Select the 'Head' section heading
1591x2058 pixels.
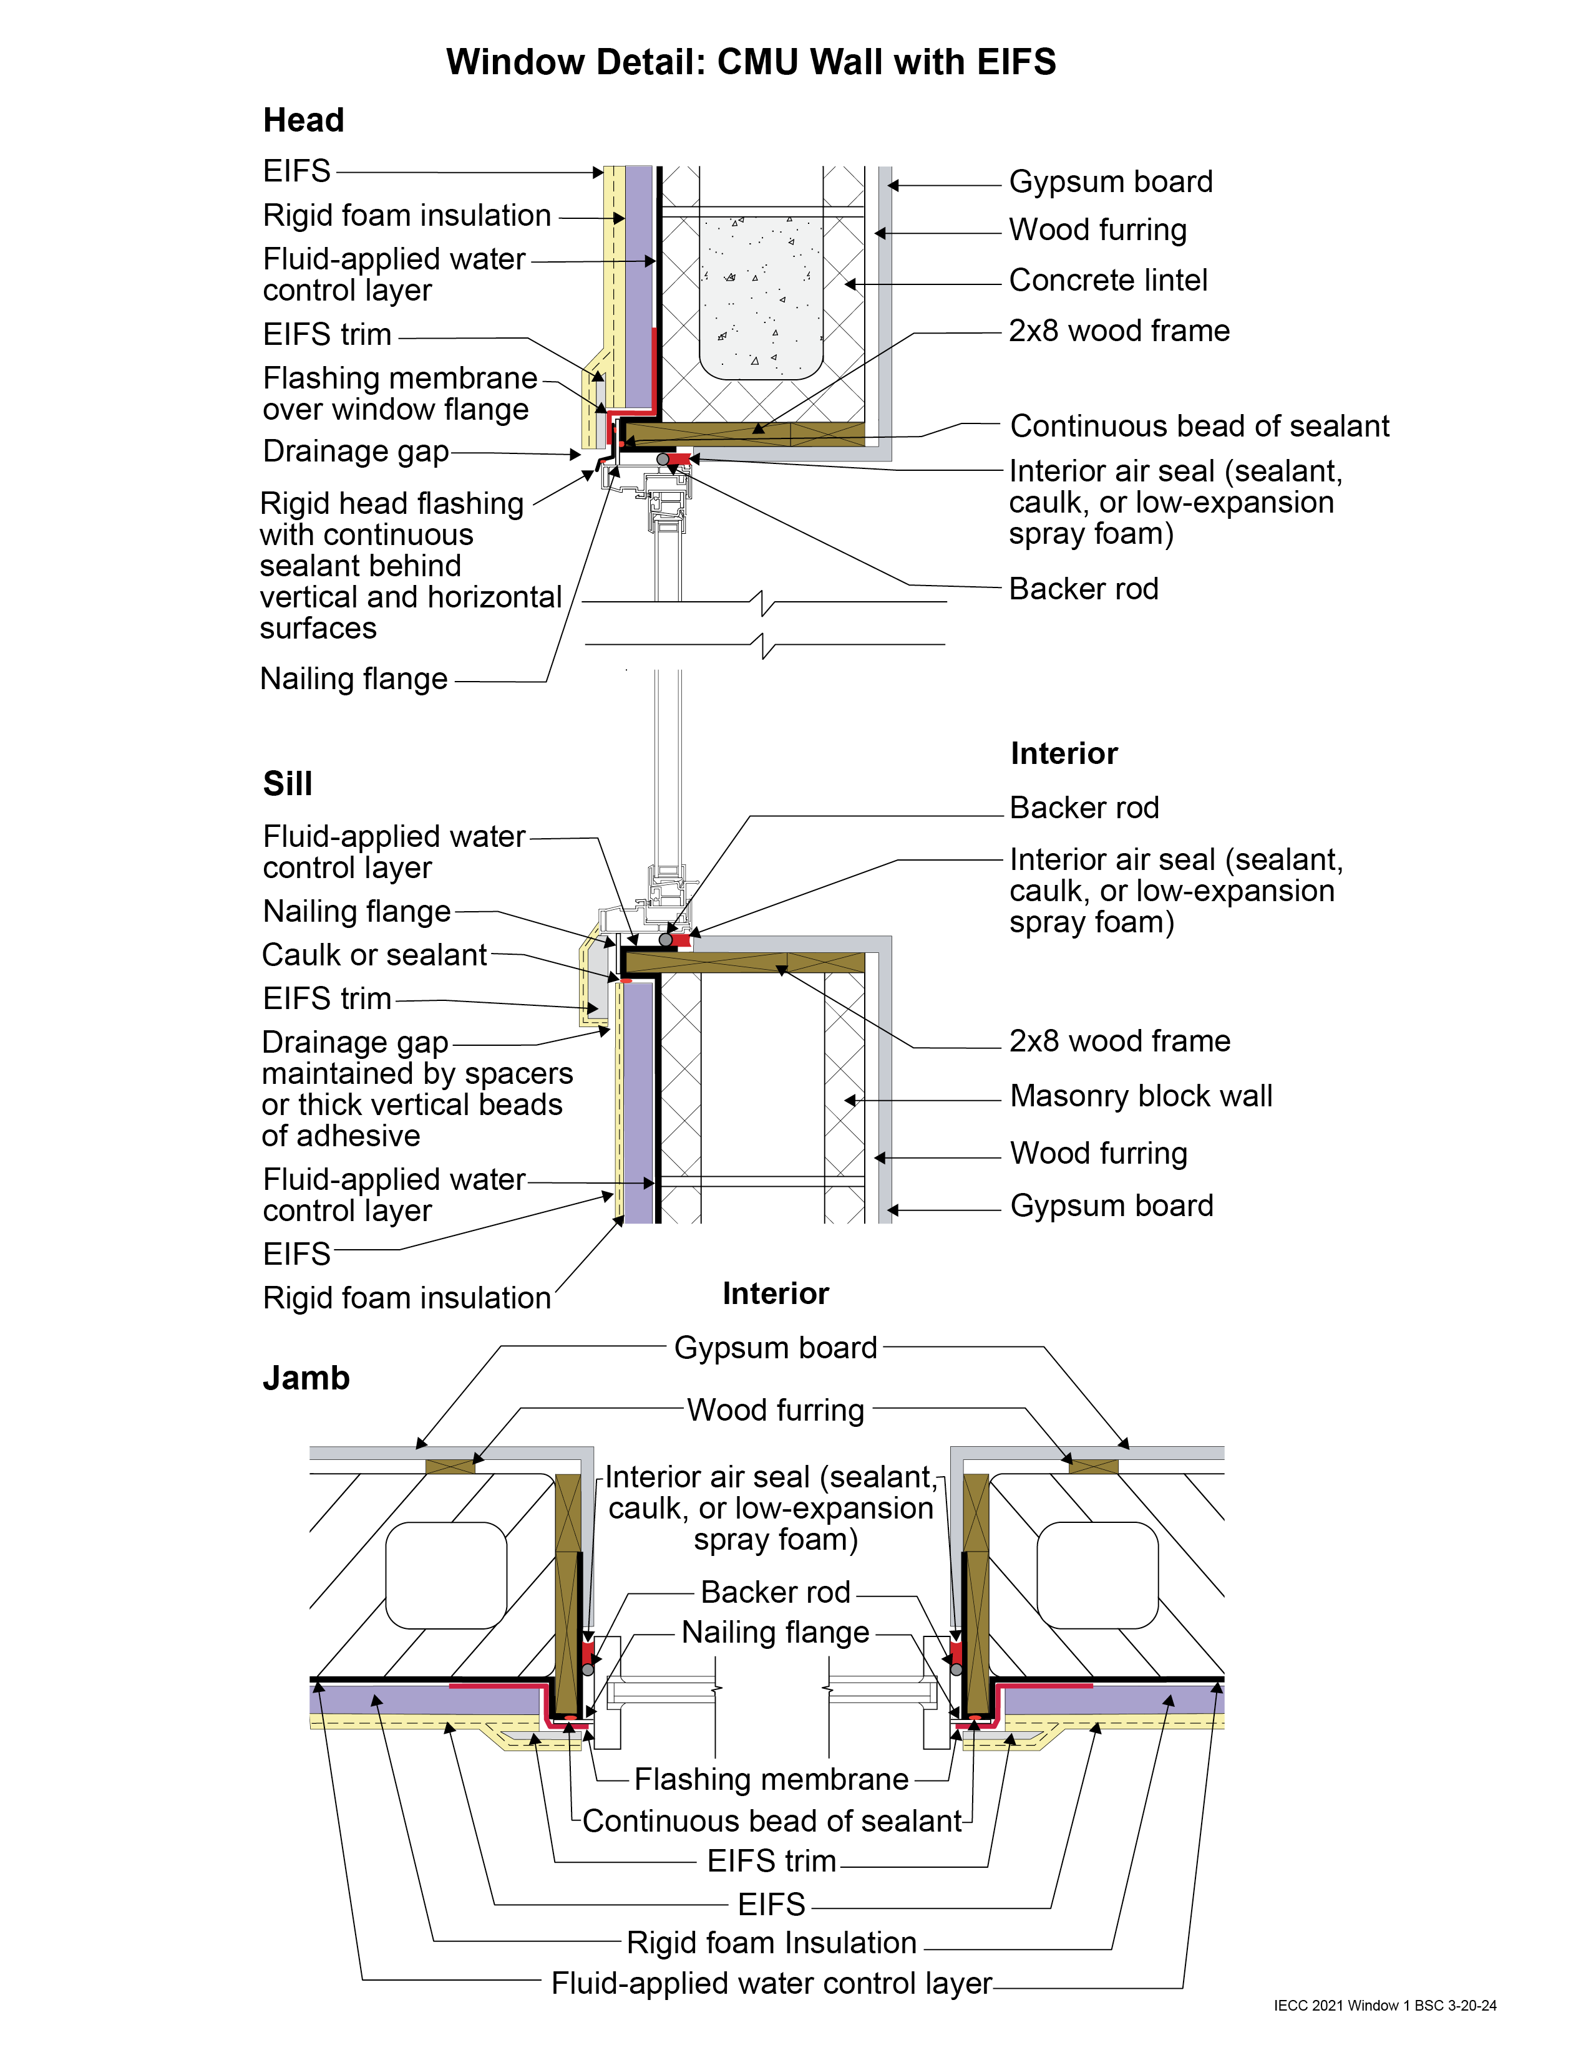303,120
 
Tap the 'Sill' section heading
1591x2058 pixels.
288,783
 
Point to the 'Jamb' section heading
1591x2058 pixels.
305,1378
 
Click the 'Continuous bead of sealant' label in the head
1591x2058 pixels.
1199,426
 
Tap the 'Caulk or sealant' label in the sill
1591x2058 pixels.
374,955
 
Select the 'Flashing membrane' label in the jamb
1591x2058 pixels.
771,1779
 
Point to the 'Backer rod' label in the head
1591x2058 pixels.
1083,589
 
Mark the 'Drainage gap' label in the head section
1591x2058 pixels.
356,452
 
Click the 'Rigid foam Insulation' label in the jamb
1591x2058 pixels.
771,1943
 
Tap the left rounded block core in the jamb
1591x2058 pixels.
446,1575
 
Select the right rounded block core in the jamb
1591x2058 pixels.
1096,1575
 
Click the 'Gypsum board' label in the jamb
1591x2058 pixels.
775,1348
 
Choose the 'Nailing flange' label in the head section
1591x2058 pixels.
353,679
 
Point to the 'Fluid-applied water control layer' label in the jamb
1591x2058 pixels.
771,1984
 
